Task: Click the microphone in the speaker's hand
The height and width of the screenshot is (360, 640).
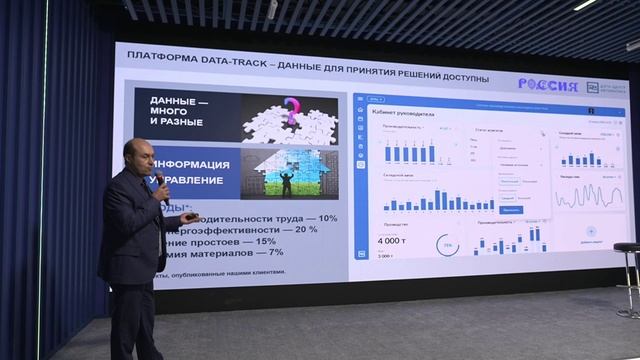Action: pos(160,180)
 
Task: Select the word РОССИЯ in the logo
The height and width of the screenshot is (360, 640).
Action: pos(547,86)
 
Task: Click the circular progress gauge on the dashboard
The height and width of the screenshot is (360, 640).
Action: pos(448,245)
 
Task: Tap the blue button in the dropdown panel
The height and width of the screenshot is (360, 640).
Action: pos(510,210)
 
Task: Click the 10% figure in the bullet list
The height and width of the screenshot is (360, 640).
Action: pos(326,218)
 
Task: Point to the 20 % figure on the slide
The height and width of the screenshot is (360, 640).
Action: pos(305,229)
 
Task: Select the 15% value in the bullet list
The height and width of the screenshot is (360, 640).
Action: pos(264,240)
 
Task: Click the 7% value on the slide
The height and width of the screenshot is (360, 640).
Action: pos(275,252)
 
